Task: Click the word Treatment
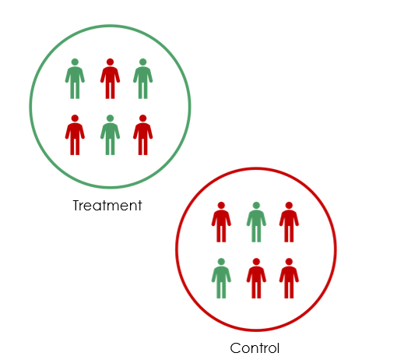107,206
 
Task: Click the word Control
255,348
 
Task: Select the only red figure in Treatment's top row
110,79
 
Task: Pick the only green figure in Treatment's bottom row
110,135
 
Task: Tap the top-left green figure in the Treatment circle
75,79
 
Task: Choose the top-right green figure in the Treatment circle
142,79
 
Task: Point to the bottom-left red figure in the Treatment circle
75,135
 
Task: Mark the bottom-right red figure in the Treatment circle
142,135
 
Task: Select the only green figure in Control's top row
256,222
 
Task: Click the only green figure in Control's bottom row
221,278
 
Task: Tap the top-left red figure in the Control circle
221,222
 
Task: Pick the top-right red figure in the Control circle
289,222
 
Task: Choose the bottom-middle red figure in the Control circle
256,278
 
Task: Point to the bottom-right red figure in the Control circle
289,278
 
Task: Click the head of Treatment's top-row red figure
110,62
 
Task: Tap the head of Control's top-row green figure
256,206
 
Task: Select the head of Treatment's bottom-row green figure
110,118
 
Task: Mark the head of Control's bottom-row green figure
221,262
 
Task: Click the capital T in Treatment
77,206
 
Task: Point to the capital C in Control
235,348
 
